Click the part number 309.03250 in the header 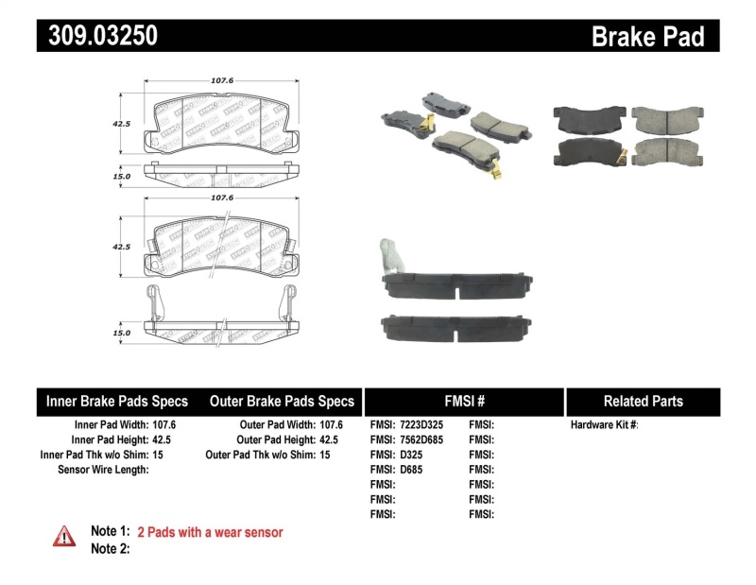click(x=97, y=36)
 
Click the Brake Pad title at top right click(x=647, y=37)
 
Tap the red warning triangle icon click(x=64, y=536)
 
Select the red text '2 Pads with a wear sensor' click(x=210, y=532)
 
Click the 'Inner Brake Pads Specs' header click(x=117, y=401)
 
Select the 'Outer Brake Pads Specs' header click(x=282, y=401)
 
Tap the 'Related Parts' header click(x=643, y=401)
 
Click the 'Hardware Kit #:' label click(x=605, y=424)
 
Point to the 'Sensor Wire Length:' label click(x=103, y=470)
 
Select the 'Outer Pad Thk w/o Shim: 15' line click(x=267, y=455)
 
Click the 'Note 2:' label click(x=110, y=548)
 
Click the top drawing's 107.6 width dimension click(x=222, y=81)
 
